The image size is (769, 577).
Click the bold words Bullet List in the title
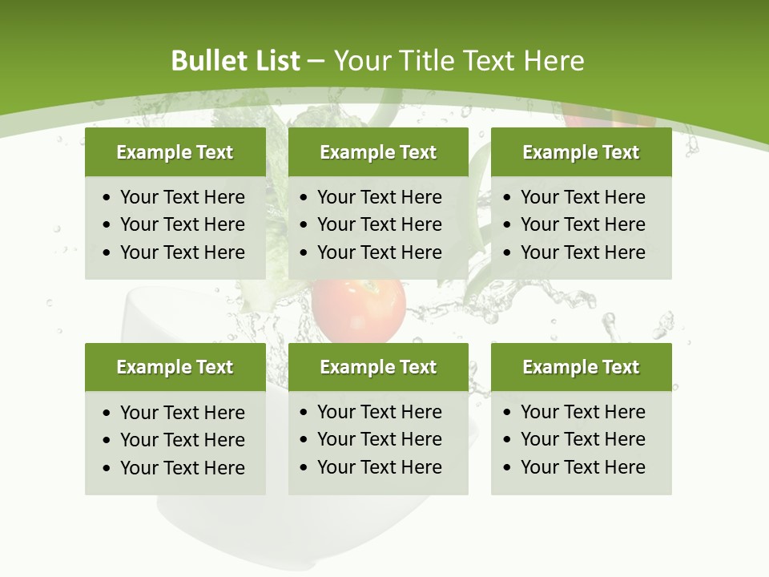[236, 61]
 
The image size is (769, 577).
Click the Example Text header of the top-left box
[175, 152]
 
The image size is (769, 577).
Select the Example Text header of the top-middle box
[378, 152]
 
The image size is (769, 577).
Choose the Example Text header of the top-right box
[581, 152]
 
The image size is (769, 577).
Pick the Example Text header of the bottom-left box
[175, 367]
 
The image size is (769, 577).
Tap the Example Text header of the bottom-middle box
[378, 367]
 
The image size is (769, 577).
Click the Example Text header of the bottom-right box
[581, 367]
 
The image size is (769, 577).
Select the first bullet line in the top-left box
[182, 197]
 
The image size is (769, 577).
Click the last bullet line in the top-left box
[182, 252]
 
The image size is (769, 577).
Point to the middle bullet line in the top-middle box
[379, 224]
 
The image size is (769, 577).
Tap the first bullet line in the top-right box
[582, 197]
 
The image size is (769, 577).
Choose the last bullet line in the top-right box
[582, 252]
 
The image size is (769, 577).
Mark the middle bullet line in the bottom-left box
[182, 440]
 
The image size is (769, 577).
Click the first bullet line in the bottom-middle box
[379, 412]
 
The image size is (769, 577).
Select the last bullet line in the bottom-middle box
[379, 467]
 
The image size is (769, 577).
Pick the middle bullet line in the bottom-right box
[582, 439]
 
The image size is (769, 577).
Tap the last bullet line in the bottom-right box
[582, 467]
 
